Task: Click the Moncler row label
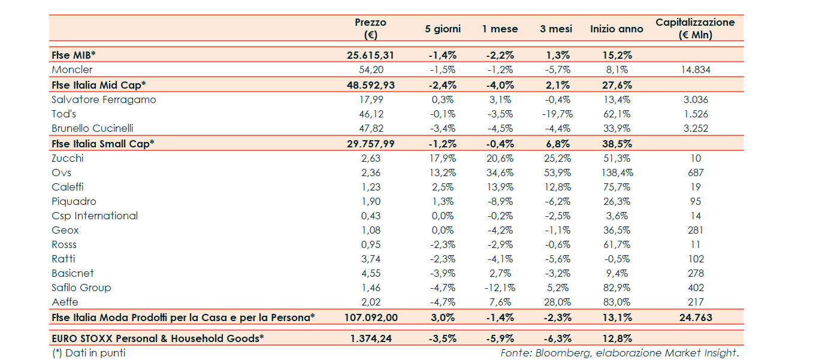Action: (x=72, y=69)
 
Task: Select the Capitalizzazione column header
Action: (x=695, y=28)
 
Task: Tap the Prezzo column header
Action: (x=370, y=28)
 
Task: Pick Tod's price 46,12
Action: (x=370, y=114)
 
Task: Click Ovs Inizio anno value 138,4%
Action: (x=617, y=173)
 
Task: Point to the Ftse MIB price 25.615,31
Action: (x=370, y=55)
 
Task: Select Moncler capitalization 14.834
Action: (x=695, y=69)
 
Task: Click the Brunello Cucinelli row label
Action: (x=92, y=128)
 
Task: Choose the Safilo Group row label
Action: (x=81, y=288)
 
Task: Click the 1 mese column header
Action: (x=500, y=29)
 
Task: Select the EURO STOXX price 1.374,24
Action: (x=370, y=338)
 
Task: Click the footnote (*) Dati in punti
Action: (x=89, y=353)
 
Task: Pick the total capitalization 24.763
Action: (x=695, y=317)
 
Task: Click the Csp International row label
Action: (x=95, y=216)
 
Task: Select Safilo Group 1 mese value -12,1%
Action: (x=500, y=288)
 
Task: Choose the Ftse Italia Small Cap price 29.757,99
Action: (x=370, y=144)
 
